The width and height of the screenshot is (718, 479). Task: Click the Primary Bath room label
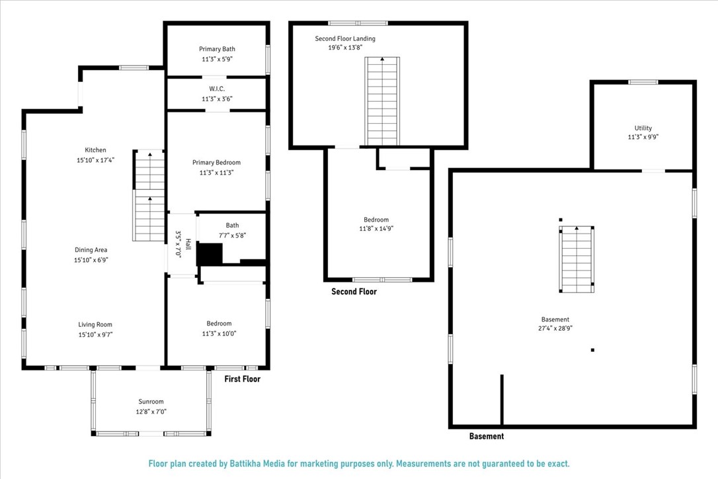click(x=217, y=49)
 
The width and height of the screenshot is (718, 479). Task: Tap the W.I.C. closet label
click(x=217, y=89)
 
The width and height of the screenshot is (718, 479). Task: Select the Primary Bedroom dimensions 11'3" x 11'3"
click(x=217, y=173)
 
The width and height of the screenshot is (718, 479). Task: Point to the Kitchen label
click(x=95, y=150)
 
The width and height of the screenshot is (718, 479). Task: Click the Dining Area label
click(x=91, y=250)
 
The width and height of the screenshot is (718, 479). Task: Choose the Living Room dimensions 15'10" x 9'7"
click(x=95, y=335)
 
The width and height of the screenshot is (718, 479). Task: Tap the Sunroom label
click(x=151, y=402)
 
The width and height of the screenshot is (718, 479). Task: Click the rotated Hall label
click(x=188, y=244)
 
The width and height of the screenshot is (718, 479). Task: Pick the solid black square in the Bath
click(x=210, y=254)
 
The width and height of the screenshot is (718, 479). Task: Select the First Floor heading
click(x=242, y=379)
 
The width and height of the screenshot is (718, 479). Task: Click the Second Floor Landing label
click(x=345, y=38)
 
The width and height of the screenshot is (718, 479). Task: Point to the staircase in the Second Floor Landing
click(x=382, y=101)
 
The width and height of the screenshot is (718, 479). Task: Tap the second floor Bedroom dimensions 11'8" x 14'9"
click(x=376, y=228)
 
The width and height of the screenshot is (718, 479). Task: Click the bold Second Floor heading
click(x=354, y=292)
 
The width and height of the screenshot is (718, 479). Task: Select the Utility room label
click(x=643, y=128)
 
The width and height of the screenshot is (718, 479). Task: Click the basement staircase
click(x=577, y=259)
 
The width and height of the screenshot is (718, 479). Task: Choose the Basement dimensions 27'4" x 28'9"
click(x=555, y=328)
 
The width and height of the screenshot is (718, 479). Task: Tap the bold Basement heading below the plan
click(x=487, y=437)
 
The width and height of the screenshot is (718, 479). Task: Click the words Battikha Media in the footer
click(x=257, y=464)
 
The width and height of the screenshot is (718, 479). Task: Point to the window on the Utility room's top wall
click(x=643, y=83)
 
